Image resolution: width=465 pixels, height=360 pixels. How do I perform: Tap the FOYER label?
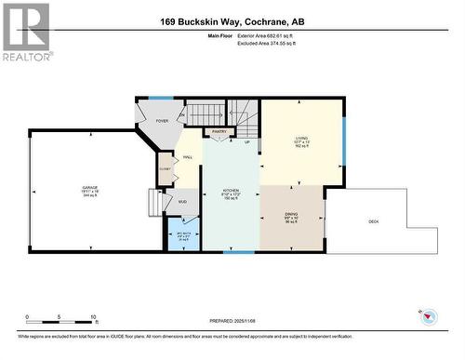coord(162,121)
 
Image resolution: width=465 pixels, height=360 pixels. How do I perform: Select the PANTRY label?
coord(219,132)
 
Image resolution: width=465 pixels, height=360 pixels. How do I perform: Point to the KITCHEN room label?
coord(230,193)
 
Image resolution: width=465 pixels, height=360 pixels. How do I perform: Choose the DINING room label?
coord(291,217)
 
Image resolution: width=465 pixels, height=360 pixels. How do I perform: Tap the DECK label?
coord(374,221)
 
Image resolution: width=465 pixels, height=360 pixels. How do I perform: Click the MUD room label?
coord(182,202)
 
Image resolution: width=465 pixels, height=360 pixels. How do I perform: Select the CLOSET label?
coord(166,169)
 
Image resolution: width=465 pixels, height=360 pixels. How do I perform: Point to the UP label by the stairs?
coord(246,142)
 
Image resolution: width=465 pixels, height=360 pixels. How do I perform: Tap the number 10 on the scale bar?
coord(94,317)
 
